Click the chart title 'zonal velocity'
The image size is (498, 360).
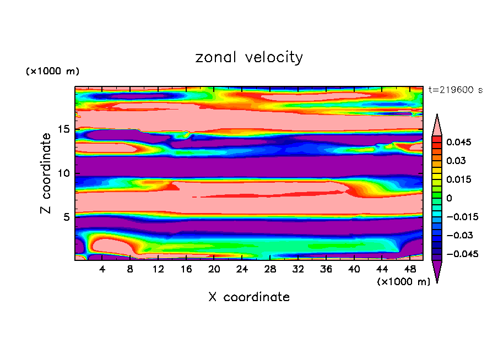tap(249, 57)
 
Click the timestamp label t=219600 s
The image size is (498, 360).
tap(455, 90)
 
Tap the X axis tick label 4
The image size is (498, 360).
tap(102, 269)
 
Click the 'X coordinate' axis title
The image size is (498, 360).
tap(249, 297)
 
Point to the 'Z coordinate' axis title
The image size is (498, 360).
tap(46, 173)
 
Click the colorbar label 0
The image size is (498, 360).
tap(449, 198)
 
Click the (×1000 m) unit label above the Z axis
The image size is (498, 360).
tap(52, 72)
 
